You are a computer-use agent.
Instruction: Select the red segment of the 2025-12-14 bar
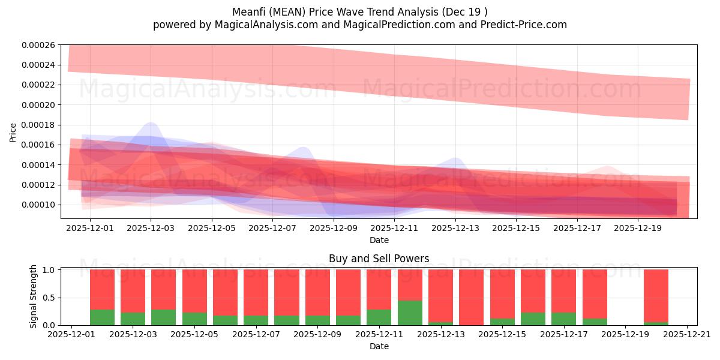pyautogui.click(x=471, y=297)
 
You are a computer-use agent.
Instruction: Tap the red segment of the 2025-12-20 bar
pyautogui.click(x=656, y=296)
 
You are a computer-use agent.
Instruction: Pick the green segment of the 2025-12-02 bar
pyautogui.click(x=102, y=317)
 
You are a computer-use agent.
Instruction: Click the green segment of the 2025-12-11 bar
pyautogui.click(x=379, y=317)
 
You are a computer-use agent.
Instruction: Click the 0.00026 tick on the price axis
pyautogui.click(x=38, y=45)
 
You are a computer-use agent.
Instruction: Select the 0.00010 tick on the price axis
pyautogui.click(x=38, y=205)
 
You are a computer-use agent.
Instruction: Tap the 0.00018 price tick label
pyautogui.click(x=38, y=125)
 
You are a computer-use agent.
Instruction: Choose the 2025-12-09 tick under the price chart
pyautogui.click(x=334, y=229)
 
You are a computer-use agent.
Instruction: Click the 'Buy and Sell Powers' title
pyautogui.click(x=379, y=259)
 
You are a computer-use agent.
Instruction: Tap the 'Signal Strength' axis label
pyautogui.click(x=34, y=296)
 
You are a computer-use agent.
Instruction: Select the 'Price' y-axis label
pyautogui.click(x=13, y=133)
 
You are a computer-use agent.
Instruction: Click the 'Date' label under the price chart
pyautogui.click(x=379, y=240)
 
